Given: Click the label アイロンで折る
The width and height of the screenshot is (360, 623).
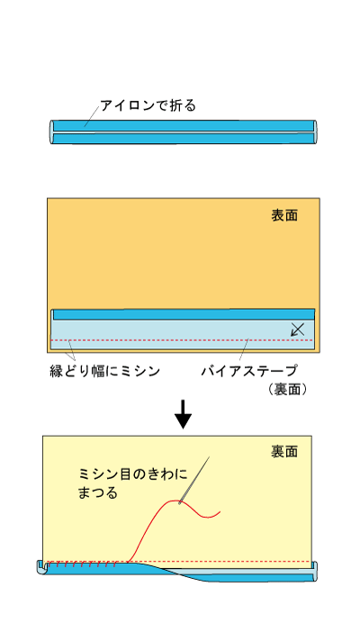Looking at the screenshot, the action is (x=148, y=105).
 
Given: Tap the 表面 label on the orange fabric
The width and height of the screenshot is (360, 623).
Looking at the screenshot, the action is (x=284, y=215).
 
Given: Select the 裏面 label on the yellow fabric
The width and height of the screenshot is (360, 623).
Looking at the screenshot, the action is (x=284, y=451).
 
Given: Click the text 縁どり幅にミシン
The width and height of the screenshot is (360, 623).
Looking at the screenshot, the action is (x=105, y=371).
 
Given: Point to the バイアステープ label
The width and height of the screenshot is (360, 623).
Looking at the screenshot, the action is (x=249, y=371).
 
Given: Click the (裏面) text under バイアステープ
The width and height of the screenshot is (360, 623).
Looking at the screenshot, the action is (x=288, y=389).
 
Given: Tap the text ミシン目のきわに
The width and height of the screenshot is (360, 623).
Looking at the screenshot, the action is (x=133, y=474).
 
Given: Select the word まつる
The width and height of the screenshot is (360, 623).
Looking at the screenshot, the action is (x=98, y=492).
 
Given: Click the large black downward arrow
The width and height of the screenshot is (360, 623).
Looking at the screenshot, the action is (x=183, y=414).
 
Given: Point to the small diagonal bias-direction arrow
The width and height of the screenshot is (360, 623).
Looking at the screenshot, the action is (x=298, y=330).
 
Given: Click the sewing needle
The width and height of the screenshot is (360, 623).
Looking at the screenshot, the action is (x=194, y=480).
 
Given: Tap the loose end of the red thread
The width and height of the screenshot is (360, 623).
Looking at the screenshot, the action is (x=220, y=512).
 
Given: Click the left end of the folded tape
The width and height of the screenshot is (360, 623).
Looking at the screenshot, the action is (x=51, y=132).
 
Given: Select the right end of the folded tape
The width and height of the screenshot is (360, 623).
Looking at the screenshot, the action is (x=316, y=131).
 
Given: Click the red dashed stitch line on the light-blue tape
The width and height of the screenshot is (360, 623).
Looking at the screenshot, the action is (x=182, y=340).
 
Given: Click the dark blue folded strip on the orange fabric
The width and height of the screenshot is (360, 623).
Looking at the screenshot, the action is (x=184, y=315).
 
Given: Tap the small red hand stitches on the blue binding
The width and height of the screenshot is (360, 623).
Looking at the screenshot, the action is (x=82, y=565).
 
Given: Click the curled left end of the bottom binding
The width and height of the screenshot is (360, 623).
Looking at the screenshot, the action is (x=40, y=567).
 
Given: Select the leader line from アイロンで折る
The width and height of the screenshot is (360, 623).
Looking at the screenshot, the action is (x=92, y=116).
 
